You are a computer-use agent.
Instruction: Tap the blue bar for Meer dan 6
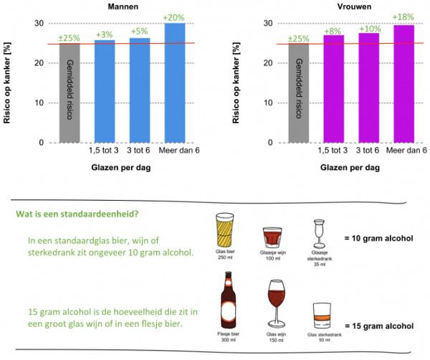176,82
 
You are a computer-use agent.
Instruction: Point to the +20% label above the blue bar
176,16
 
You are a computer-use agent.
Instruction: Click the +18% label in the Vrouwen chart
405,17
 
